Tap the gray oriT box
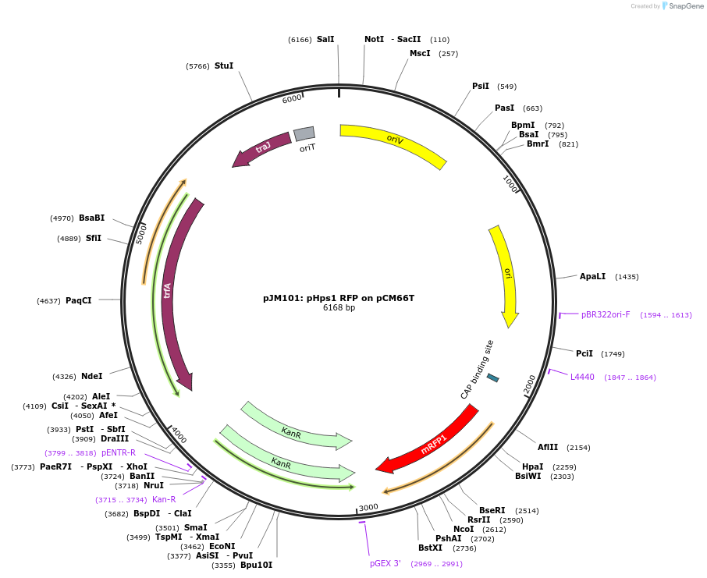[304, 134]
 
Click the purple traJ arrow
[262, 148]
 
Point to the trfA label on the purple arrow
[167, 290]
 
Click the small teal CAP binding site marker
[492, 378]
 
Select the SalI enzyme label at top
[325, 39]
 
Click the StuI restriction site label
[224, 66]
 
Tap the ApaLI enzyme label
[592, 276]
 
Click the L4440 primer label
[582, 377]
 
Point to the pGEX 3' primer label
[385, 563]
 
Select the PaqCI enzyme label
[79, 300]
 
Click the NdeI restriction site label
[92, 376]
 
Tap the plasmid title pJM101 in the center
[339, 298]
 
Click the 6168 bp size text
[339, 308]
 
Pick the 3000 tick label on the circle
[368, 507]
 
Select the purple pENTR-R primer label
[119, 452]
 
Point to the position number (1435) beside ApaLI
[627, 277]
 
